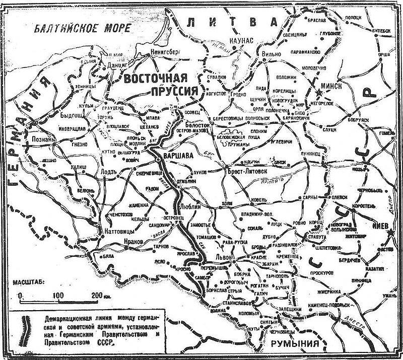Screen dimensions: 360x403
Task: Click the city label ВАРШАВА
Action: point(180,157)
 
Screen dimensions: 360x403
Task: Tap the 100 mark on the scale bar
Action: point(58,295)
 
